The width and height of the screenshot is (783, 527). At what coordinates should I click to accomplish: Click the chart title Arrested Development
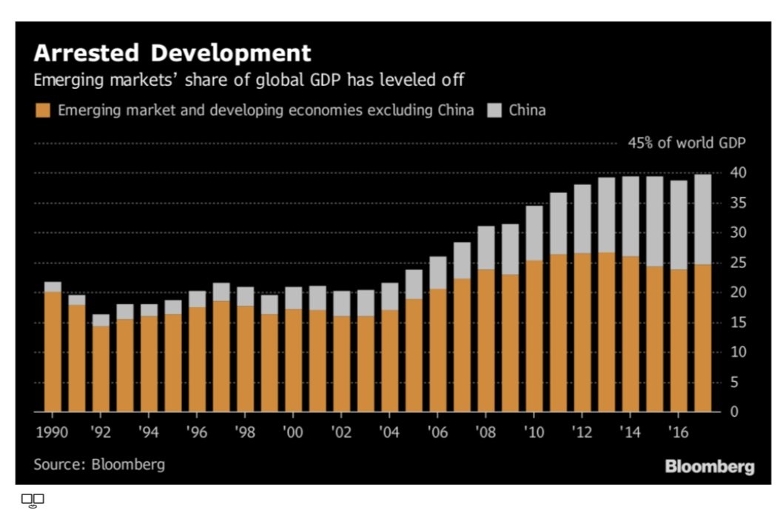172,53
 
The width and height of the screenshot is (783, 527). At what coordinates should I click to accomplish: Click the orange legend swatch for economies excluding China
42,111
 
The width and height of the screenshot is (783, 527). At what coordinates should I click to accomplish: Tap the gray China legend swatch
494,111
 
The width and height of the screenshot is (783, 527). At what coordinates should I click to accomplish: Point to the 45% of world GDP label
686,143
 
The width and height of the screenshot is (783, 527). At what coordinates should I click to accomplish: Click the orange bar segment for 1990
53,352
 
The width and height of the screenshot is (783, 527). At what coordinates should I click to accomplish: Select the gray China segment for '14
631,216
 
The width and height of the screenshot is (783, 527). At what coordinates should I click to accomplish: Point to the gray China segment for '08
486,248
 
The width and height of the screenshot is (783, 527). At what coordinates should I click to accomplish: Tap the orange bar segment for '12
582,332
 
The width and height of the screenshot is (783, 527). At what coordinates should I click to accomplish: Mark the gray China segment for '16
679,225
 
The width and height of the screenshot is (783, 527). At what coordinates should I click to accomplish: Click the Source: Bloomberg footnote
99,465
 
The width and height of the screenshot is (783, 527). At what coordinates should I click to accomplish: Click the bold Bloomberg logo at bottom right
709,466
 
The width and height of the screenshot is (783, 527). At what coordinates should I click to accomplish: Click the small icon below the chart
33,500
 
